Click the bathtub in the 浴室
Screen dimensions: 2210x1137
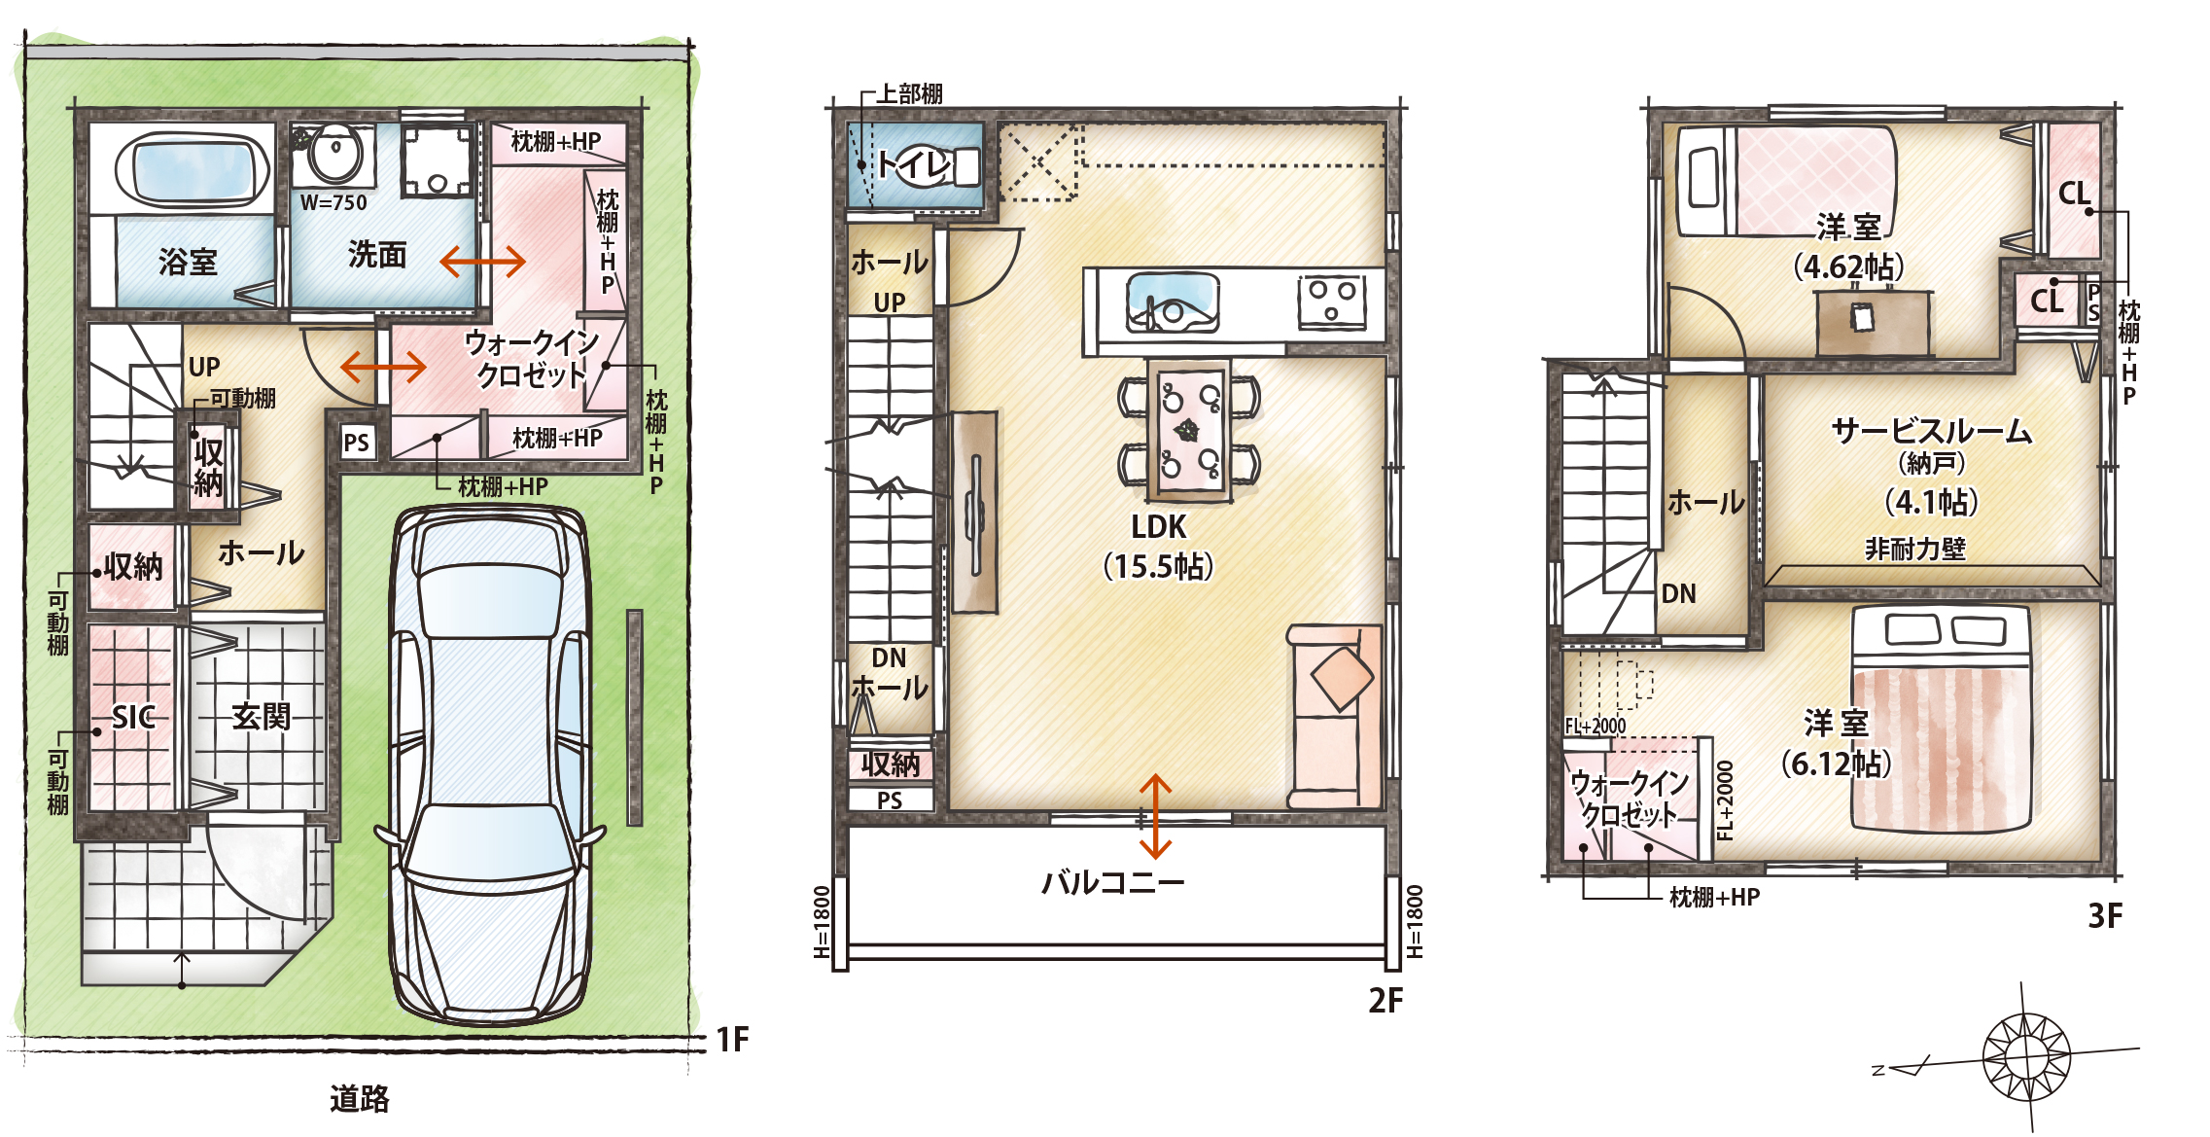pyautogui.click(x=192, y=171)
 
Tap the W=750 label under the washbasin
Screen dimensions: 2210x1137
pyautogui.click(x=333, y=203)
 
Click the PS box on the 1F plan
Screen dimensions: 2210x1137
pyautogui.click(x=357, y=443)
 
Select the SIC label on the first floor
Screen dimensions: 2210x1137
pyautogui.click(x=133, y=718)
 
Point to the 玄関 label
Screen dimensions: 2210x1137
pyautogui.click(x=262, y=717)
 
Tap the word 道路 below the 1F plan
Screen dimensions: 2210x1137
pyautogui.click(x=360, y=1099)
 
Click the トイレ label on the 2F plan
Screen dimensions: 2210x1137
pyautogui.click(x=914, y=164)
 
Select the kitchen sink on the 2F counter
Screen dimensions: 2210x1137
pyautogui.click(x=1172, y=302)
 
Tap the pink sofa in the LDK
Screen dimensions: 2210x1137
pyautogui.click(x=1334, y=717)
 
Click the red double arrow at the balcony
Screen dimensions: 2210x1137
pyautogui.click(x=1155, y=816)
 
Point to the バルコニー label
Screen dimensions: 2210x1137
pyautogui.click(x=1113, y=883)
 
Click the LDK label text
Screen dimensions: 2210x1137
pyautogui.click(x=1159, y=527)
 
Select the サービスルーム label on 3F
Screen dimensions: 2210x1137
pyautogui.click(x=1932, y=431)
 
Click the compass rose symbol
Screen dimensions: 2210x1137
pyautogui.click(x=2026, y=1054)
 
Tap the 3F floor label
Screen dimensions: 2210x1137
pyautogui.click(x=2106, y=915)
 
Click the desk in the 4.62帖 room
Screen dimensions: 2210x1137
pyautogui.click(x=1873, y=324)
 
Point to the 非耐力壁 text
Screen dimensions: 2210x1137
pyautogui.click(x=1915, y=550)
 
